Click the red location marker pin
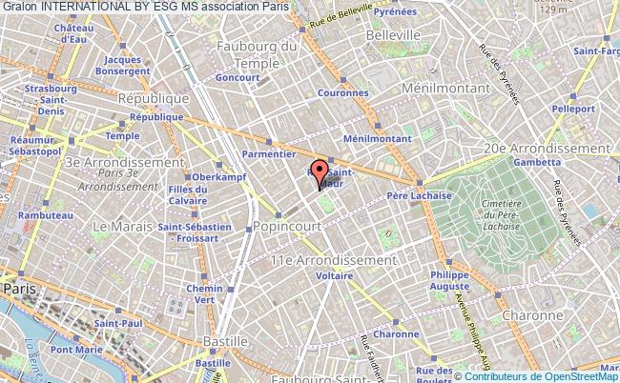320,173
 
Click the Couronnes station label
347,93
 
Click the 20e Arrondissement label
547,149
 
